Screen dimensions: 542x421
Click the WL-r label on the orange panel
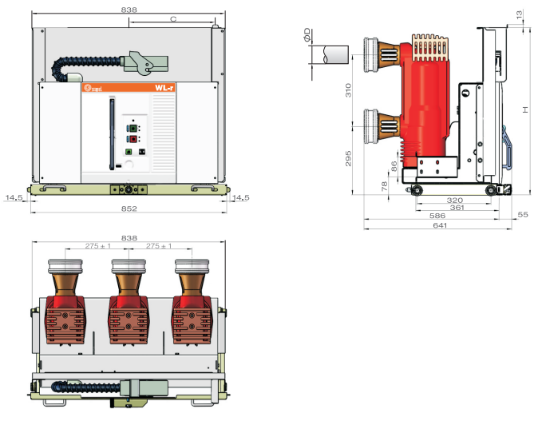tap(164, 88)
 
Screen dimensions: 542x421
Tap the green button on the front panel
tap(133, 129)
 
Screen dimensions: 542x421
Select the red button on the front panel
tap(133, 139)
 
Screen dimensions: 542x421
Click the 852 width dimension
tap(129, 209)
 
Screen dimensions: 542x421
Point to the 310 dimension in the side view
tap(348, 90)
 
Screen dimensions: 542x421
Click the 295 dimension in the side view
tap(348, 158)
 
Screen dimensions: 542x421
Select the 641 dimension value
tap(440, 225)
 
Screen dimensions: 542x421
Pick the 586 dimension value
tap(437, 216)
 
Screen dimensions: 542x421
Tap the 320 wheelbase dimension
tap(454, 200)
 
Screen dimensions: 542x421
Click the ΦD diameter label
tap(307, 35)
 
